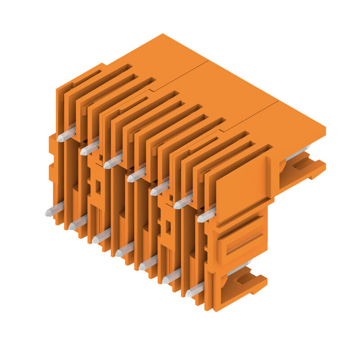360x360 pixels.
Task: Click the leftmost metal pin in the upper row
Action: tap(66, 135)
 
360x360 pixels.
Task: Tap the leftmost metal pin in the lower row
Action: tap(54, 210)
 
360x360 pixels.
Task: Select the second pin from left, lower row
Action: tap(77, 223)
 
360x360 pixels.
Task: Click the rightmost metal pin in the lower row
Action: tap(194, 291)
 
